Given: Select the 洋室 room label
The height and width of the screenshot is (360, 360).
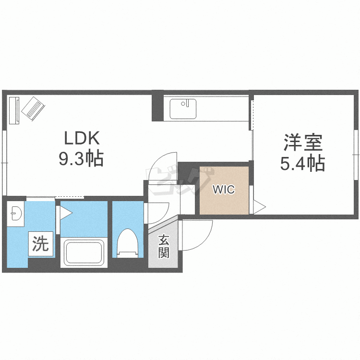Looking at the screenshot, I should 302,143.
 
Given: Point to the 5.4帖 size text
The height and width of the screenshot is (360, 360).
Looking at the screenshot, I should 302,164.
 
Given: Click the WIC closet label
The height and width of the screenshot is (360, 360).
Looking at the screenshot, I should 224,190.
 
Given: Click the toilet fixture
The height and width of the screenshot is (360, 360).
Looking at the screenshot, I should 128,242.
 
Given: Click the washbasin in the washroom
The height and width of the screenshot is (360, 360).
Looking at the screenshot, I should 16,213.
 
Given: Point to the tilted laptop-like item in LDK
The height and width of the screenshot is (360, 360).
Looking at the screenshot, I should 33,108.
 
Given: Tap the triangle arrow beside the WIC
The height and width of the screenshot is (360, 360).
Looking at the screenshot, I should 259,207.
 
